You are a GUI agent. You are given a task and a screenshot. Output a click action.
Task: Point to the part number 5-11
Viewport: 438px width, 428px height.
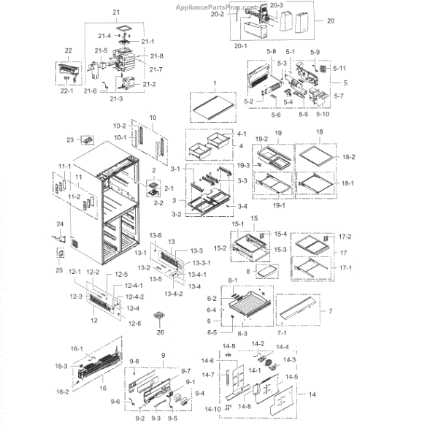tap(338, 68)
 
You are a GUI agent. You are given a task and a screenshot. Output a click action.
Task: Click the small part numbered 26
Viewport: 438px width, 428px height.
tap(157, 316)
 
